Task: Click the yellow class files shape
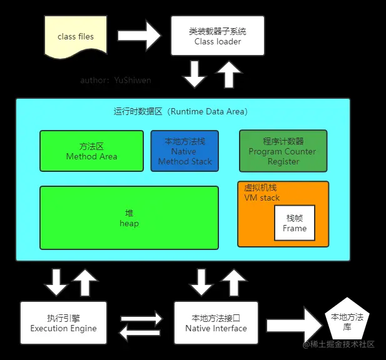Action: tap(76, 36)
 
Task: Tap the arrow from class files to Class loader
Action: tap(140, 36)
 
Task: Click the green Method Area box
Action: tap(91, 151)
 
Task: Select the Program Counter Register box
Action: tap(283, 151)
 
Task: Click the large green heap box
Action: tap(129, 218)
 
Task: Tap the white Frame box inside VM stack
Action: tap(295, 223)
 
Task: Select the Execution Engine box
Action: tap(63, 323)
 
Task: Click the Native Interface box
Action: tap(216, 323)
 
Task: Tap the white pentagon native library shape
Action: tap(346, 321)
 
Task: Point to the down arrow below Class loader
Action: tap(195, 74)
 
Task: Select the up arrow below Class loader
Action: tap(229, 74)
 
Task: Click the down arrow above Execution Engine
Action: tap(56, 282)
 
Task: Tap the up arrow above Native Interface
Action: tap(234, 282)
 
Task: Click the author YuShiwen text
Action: tap(116, 80)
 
